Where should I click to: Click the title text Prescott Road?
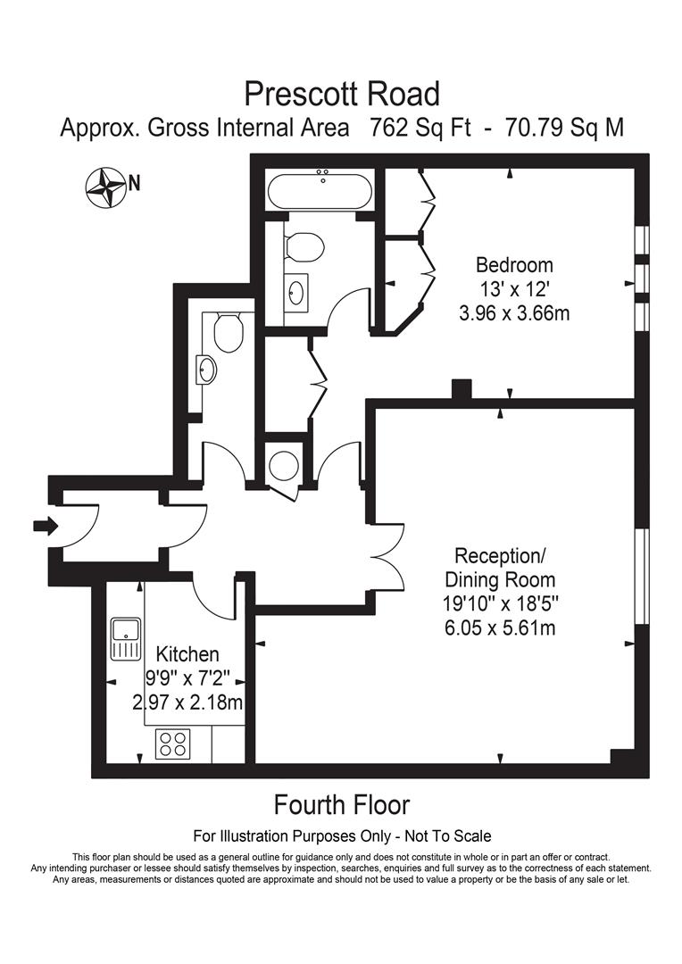point(342,93)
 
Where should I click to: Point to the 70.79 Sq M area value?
point(565,128)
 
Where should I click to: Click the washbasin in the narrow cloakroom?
point(208,369)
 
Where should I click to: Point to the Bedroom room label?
point(513,265)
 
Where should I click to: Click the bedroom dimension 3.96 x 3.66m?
point(513,313)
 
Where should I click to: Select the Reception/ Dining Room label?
point(499,568)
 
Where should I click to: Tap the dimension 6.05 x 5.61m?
point(499,627)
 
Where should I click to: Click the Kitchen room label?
point(187,655)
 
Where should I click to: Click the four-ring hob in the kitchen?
point(172,744)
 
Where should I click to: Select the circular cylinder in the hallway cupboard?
point(284,464)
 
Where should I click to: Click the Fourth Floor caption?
point(341,804)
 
